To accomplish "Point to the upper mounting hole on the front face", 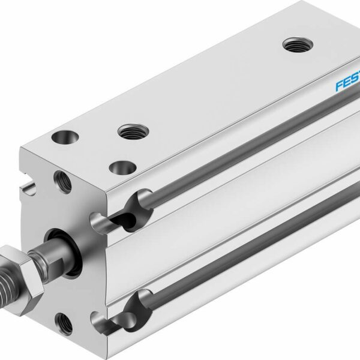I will tap(61, 179).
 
